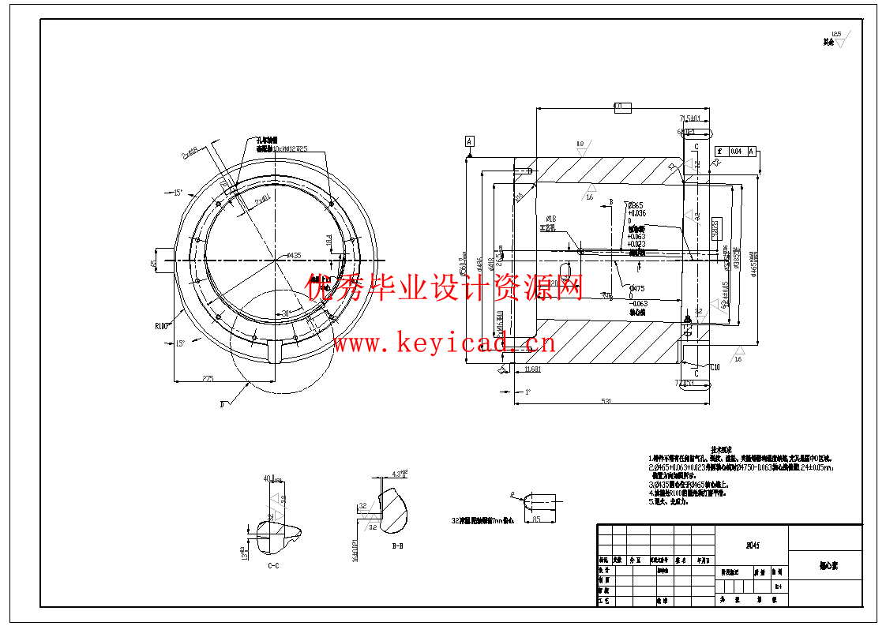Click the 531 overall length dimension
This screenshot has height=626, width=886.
point(606,402)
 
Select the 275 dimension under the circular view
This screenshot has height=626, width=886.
point(208,379)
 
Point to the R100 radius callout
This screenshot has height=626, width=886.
point(163,324)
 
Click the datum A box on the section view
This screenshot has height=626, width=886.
point(470,141)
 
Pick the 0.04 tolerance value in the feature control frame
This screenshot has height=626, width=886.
point(735,151)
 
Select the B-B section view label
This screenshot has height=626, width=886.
point(399,545)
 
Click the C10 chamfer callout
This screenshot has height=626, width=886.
point(715,367)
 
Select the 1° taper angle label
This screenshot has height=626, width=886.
point(528,392)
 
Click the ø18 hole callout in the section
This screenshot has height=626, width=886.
point(551,218)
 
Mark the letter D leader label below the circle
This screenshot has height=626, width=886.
point(222,404)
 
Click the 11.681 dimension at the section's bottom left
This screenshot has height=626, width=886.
point(532,369)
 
